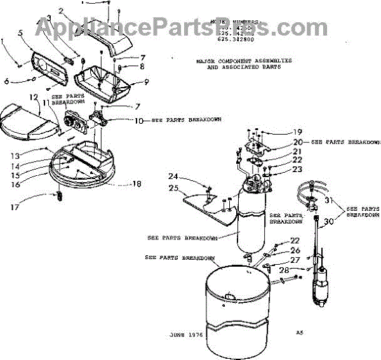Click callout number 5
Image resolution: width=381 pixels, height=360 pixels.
point(20,32)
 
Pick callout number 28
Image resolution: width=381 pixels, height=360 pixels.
point(290,269)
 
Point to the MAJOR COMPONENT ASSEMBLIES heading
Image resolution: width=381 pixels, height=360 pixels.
point(244,62)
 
